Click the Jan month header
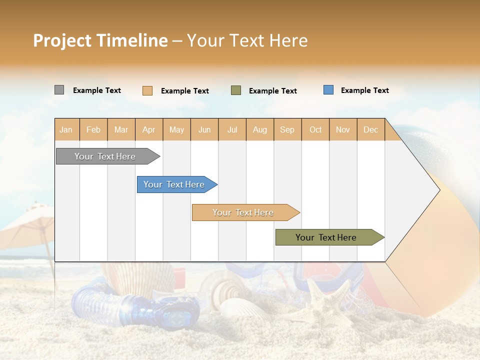66,129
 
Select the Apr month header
149,129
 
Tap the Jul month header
232,129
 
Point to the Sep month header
287,129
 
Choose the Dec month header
370,129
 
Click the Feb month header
93,129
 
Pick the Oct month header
315,129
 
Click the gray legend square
59,90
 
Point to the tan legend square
147,90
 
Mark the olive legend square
236,90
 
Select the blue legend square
328,90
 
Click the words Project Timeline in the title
100,40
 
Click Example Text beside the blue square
364,90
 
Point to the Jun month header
204,129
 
